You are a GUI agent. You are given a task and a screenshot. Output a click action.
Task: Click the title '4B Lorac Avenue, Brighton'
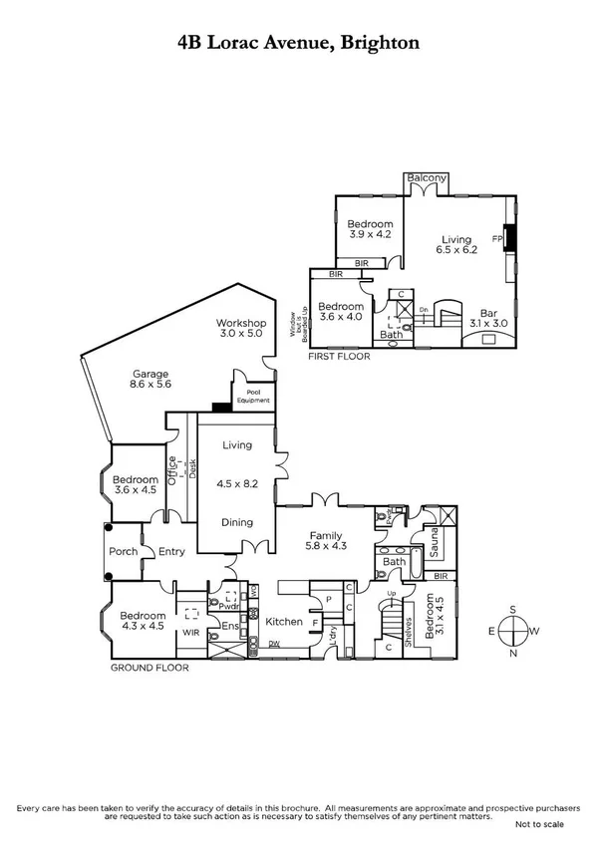(298, 42)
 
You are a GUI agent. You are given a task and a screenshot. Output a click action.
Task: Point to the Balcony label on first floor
(427, 179)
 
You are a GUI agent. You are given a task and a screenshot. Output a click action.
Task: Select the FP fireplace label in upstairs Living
(496, 239)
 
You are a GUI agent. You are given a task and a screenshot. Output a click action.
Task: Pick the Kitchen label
(284, 622)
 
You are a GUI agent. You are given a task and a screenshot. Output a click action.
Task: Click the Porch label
(122, 552)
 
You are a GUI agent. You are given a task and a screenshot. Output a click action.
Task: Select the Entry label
(171, 552)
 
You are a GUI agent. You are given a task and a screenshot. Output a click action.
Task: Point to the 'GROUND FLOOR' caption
(149, 668)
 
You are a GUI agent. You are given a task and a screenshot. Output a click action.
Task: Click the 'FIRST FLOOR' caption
(339, 356)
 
